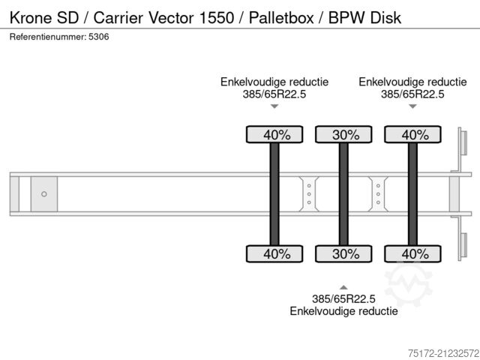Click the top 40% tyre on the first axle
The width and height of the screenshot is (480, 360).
274,135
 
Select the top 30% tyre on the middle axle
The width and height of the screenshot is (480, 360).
343,135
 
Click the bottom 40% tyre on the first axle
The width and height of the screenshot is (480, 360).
274,253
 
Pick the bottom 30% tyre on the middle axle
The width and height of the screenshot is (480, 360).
343,253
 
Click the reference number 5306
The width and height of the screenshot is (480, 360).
97,37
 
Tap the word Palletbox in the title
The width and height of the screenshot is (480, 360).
276,16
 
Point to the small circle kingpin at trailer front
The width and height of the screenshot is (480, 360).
44,194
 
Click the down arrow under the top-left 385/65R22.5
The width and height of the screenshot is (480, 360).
274,106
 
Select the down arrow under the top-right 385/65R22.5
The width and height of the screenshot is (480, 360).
412,106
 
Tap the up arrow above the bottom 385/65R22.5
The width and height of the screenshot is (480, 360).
343,286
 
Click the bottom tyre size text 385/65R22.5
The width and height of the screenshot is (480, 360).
343,298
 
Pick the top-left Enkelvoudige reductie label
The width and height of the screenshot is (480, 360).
274,81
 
